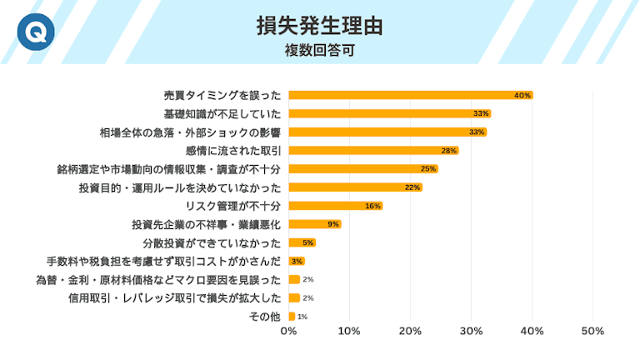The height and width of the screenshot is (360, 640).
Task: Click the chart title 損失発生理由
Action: click(320, 26)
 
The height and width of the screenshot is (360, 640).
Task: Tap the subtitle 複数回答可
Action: click(320, 50)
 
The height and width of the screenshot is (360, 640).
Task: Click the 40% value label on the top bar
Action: click(522, 95)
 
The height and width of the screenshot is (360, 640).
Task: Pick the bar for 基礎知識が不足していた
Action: click(389, 113)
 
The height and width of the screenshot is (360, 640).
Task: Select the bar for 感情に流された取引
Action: click(373, 150)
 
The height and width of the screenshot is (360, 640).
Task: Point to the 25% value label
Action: click(428, 168)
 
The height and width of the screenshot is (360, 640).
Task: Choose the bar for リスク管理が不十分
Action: click(335, 206)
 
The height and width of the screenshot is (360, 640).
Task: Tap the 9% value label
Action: click(332, 224)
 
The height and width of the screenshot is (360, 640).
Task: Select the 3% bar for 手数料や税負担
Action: click(297, 261)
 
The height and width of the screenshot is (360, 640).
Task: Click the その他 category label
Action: click(265, 317)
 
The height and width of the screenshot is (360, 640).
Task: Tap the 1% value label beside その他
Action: click(302, 317)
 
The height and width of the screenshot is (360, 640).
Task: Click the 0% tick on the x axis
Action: click(288, 332)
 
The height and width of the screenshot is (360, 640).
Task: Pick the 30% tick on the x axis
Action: click(471, 332)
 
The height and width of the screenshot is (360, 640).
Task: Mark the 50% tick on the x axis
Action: click(592, 332)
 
